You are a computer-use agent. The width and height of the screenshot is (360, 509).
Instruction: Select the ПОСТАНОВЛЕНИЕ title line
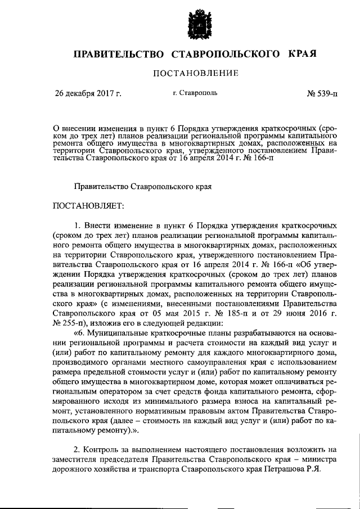pos(196,73)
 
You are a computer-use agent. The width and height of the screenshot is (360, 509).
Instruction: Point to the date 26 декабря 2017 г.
pos(88,93)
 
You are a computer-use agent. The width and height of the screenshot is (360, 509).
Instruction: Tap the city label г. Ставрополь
pos(196,93)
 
